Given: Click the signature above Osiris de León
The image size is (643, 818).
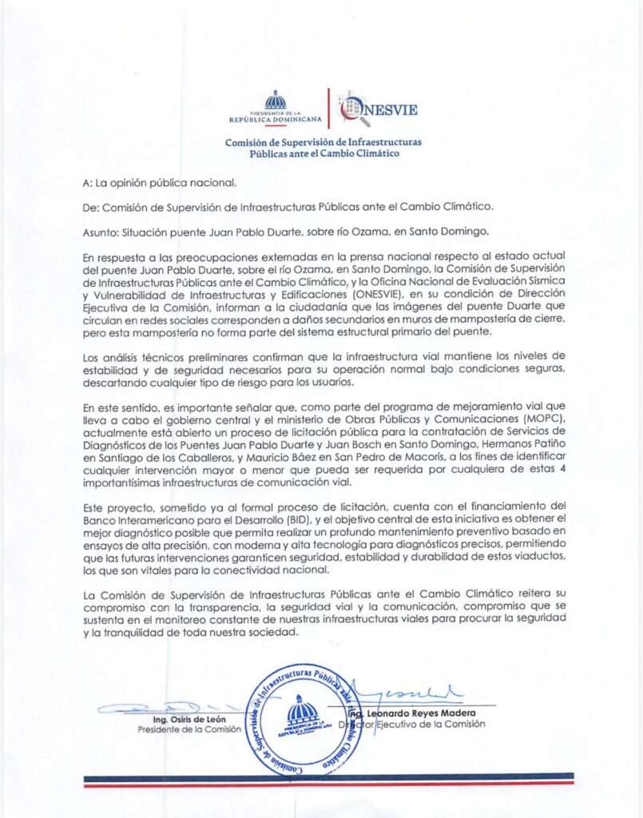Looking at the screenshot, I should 160,708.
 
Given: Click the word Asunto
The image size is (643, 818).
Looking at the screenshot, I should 100,232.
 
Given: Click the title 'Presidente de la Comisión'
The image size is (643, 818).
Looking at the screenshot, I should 189,730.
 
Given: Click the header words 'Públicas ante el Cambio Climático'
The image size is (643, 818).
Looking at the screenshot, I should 323,153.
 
